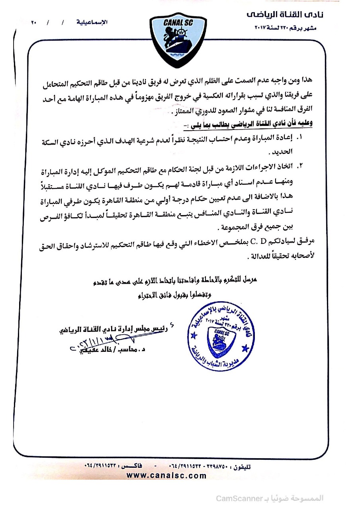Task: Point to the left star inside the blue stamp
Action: [194, 335]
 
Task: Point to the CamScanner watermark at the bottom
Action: [270, 498]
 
